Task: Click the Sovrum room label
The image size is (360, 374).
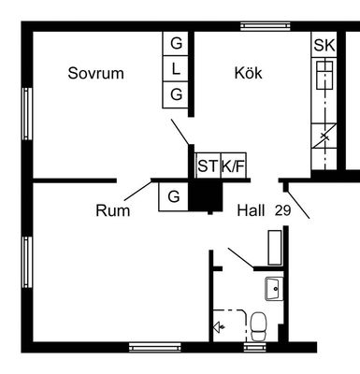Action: [x=95, y=73]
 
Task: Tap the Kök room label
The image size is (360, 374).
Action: [x=248, y=73]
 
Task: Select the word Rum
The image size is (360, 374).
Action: [x=112, y=210]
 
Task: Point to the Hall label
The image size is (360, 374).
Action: [x=251, y=210]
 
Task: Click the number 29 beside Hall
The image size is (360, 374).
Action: [x=282, y=210]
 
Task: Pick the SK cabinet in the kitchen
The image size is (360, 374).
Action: [x=324, y=45]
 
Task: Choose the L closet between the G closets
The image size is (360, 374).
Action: [x=176, y=68]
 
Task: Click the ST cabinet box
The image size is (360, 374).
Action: [x=208, y=165]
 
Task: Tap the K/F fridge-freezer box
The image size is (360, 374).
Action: [x=234, y=165]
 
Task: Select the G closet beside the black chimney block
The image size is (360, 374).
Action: [x=174, y=196]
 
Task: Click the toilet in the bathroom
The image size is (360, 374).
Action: [x=258, y=326]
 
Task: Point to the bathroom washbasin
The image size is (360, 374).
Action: [x=274, y=289]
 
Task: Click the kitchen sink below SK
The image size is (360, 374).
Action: [x=324, y=76]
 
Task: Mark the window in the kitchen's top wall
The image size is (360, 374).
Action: [x=266, y=26]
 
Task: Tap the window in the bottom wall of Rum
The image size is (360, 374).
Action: [x=155, y=347]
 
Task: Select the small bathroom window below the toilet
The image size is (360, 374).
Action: [x=255, y=347]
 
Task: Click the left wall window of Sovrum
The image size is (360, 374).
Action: [x=27, y=114]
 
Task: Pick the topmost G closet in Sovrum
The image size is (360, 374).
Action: [x=176, y=44]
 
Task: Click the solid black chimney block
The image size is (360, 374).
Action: [x=206, y=197]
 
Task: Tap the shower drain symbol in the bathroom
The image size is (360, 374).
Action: [x=219, y=327]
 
